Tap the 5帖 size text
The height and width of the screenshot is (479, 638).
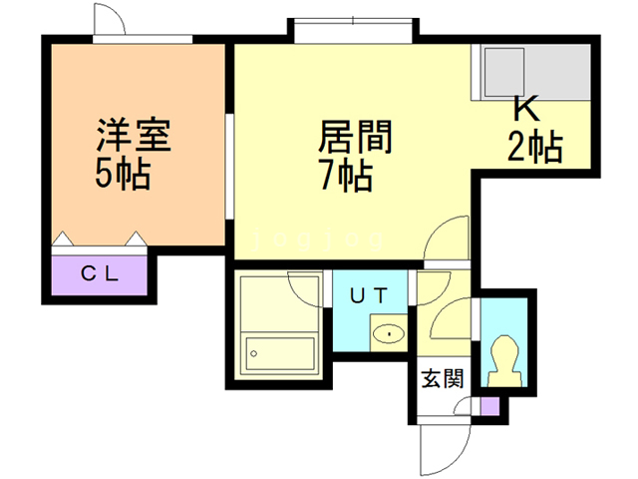point(123,175)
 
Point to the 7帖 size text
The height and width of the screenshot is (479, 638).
point(346,177)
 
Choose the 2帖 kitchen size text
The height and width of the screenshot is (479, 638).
point(535,149)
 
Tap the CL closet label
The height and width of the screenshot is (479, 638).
point(100,271)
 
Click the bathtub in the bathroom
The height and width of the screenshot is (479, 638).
point(280,352)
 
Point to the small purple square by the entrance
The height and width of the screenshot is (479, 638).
point(488,406)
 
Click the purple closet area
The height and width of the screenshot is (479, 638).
point(100,272)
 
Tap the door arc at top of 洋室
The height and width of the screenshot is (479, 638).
point(108,22)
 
